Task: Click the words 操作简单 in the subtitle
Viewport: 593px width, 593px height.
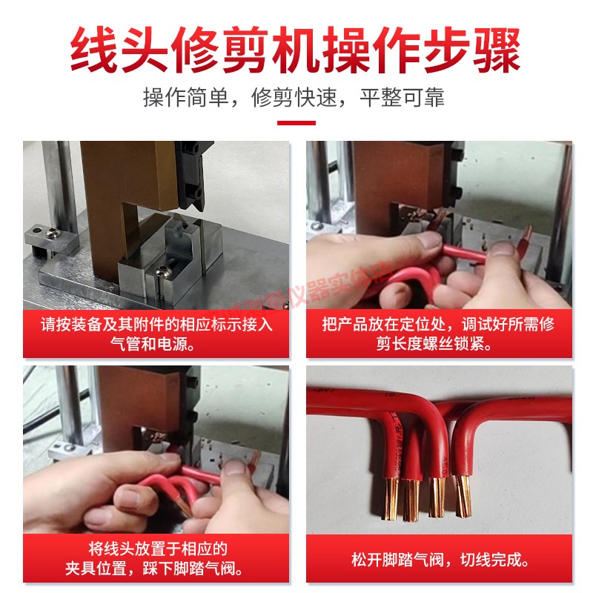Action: point(185,98)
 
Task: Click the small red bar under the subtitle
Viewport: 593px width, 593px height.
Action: point(296,123)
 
